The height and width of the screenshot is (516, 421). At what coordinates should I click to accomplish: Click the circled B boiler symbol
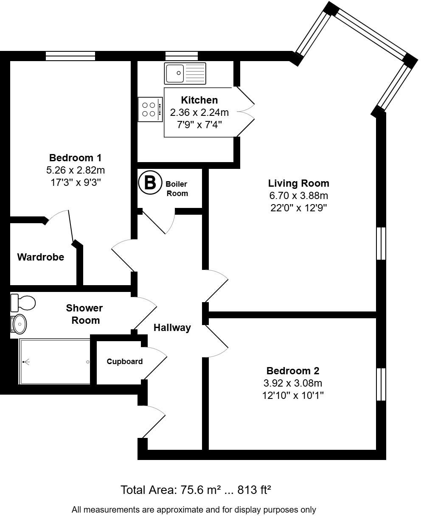[x=150, y=182]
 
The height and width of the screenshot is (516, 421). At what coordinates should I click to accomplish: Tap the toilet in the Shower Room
[x=23, y=303]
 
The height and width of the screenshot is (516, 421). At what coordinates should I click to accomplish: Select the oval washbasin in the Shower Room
[x=19, y=324]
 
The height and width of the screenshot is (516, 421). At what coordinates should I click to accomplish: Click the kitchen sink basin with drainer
[x=185, y=73]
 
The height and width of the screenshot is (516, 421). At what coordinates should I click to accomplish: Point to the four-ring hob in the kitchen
[x=150, y=109]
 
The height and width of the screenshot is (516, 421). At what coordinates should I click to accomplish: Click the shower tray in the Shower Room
[x=55, y=362]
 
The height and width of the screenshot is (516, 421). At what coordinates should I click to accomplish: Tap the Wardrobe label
[x=41, y=257]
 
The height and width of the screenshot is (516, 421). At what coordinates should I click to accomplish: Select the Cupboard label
[x=125, y=362]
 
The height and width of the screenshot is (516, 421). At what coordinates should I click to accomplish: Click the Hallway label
[x=172, y=328]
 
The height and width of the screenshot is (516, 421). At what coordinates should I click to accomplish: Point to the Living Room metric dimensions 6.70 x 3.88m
[x=299, y=196]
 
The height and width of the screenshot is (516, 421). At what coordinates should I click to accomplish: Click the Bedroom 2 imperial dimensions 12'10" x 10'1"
[x=293, y=395]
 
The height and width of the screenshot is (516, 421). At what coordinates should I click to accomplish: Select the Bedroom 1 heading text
[x=75, y=158]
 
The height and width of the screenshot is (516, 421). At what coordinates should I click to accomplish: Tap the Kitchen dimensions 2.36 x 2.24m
[x=199, y=112]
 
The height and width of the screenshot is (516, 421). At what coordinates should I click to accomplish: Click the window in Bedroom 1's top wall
[x=70, y=56]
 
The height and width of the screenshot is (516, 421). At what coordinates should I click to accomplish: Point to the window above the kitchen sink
[x=182, y=56]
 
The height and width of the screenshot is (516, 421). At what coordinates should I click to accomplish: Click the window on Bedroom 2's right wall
[x=381, y=384]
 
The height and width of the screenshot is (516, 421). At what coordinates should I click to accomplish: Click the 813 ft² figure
[x=254, y=490]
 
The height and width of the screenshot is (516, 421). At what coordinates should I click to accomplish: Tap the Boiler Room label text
[x=177, y=189]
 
